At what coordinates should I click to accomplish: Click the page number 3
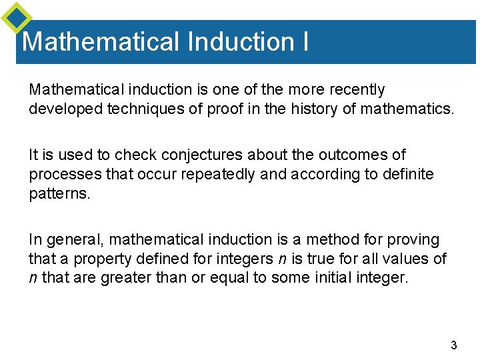point(454,345)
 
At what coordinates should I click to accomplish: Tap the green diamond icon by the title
point(17,18)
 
